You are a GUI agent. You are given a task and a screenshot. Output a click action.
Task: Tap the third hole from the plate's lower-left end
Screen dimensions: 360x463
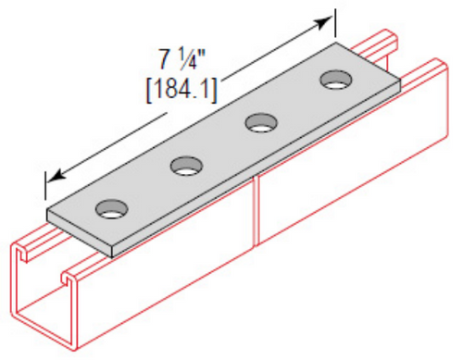(x=261, y=123)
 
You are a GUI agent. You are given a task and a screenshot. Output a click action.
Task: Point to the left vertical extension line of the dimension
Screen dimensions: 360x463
(x=44, y=185)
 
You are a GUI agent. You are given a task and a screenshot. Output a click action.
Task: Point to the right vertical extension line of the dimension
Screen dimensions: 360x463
(x=335, y=23)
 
